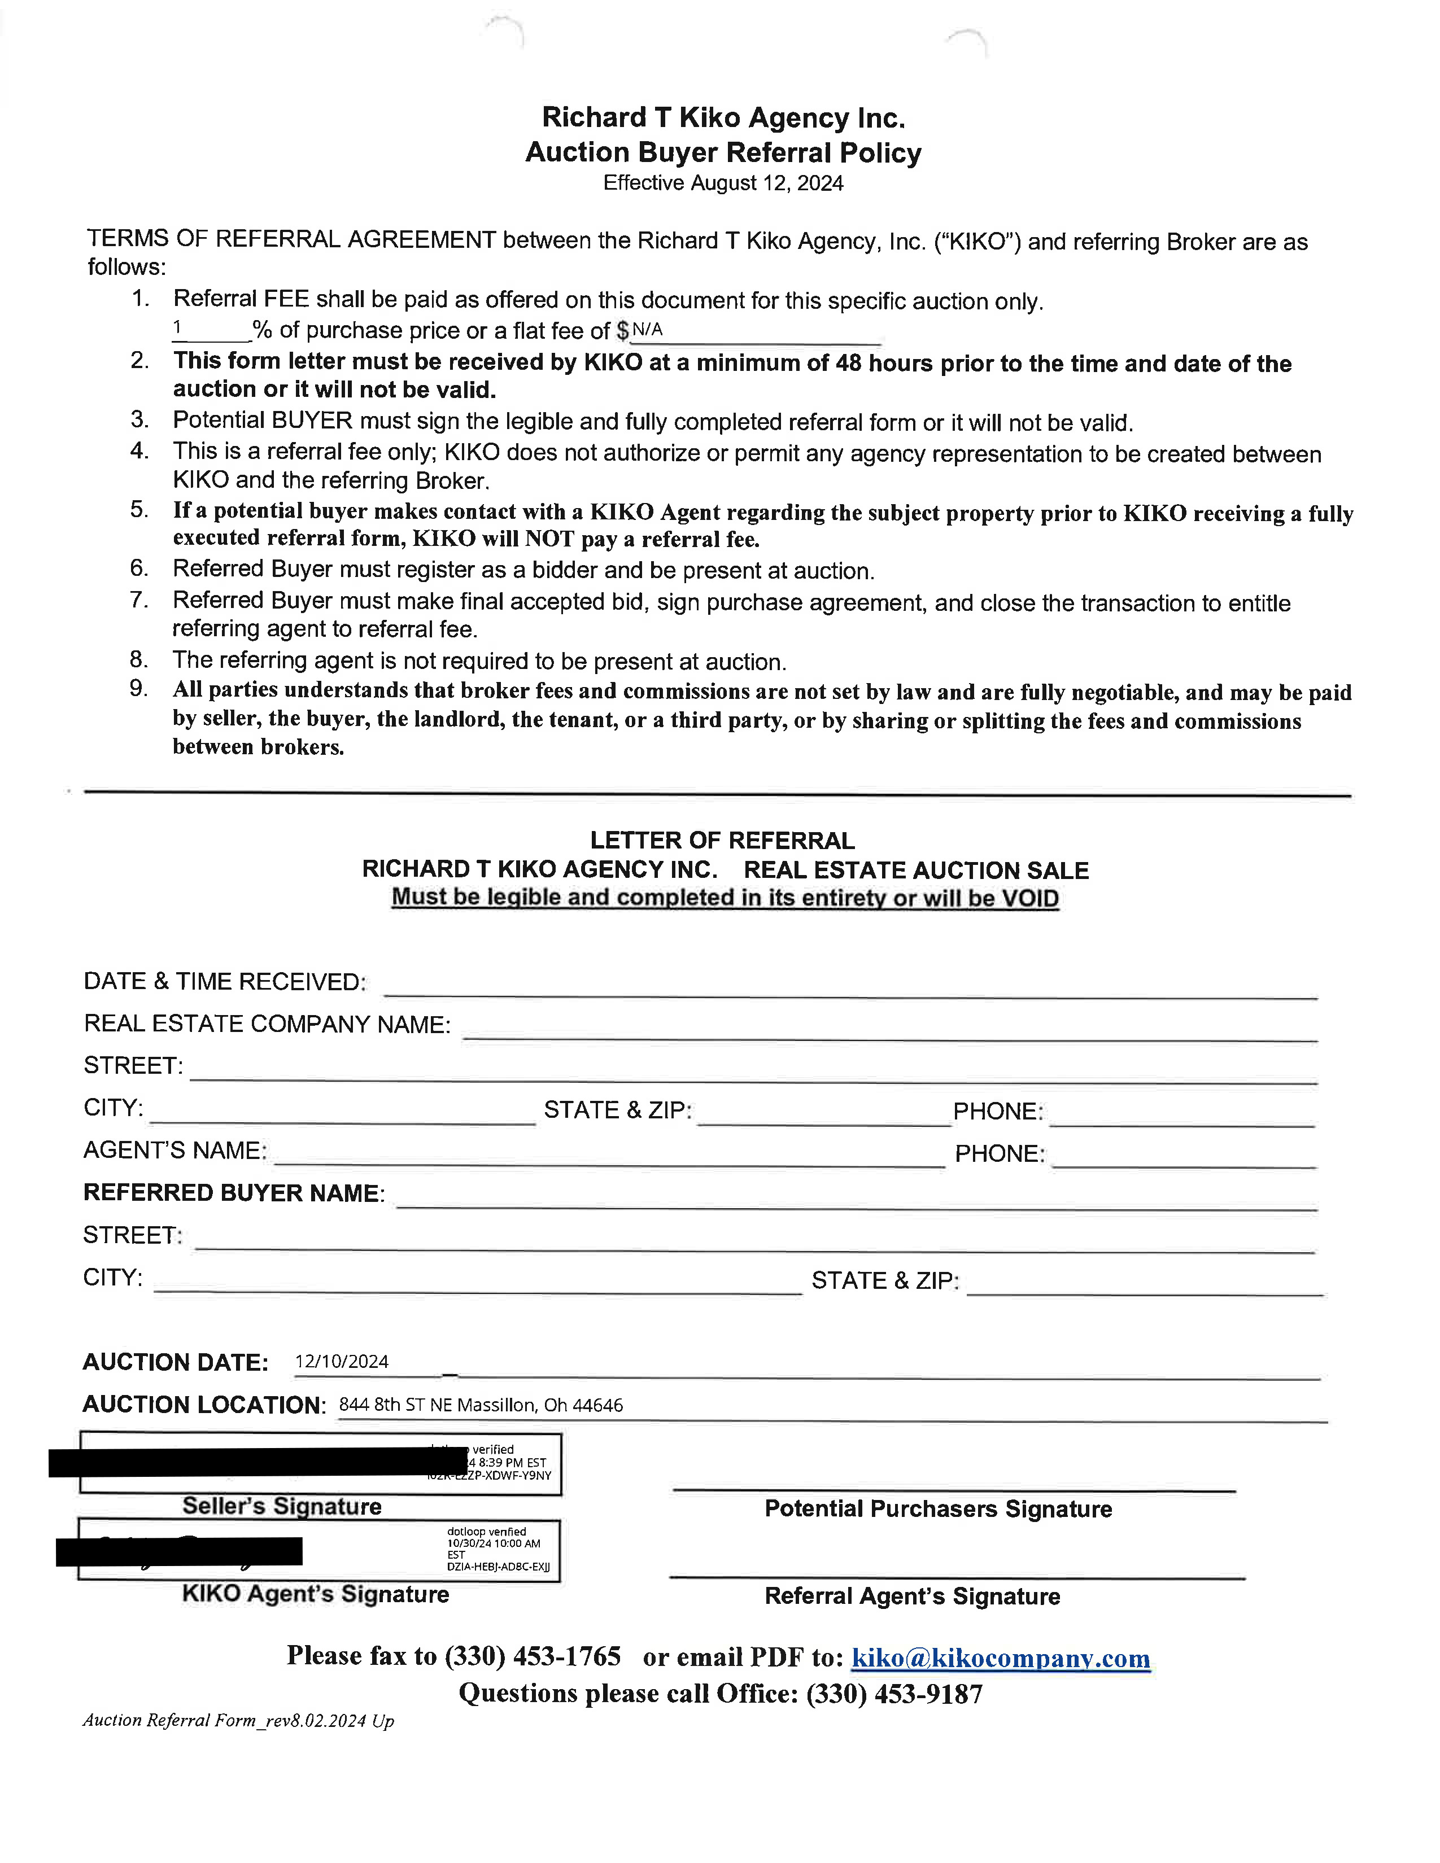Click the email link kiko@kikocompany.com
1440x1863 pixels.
(1001, 1658)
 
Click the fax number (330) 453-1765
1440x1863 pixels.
(533, 1656)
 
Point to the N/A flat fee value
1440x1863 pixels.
(648, 329)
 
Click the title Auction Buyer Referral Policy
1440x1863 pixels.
(723, 152)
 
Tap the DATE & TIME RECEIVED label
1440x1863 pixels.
(224, 982)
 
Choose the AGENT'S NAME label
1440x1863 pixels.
(174, 1151)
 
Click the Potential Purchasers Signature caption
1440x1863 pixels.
(937, 1509)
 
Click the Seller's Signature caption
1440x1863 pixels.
(282, 1506)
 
